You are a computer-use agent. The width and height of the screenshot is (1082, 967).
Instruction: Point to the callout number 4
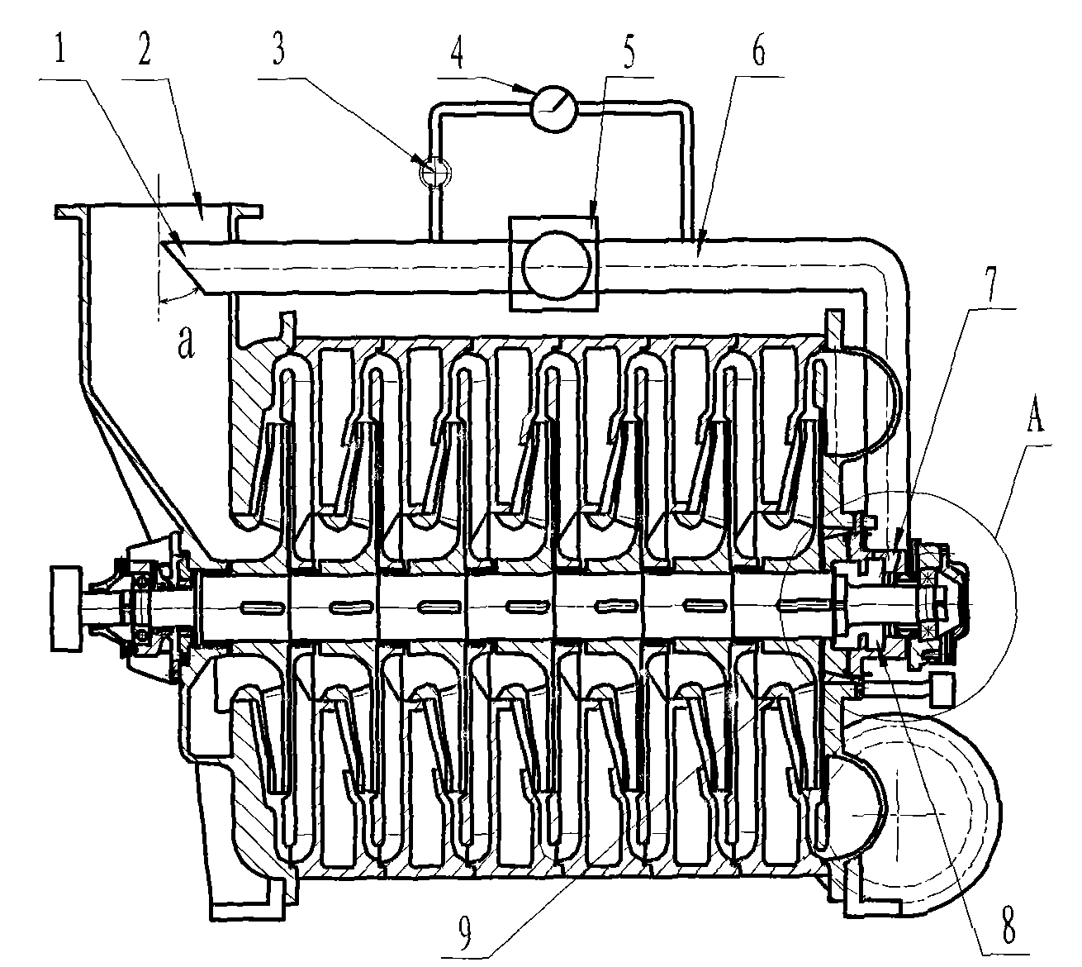pyautogui.click(x=457, y=50)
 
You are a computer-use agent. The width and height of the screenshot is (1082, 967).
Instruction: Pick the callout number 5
pyautogui.click(x=629, y=51)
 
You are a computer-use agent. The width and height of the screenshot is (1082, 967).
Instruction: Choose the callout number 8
pyautogui.click(x=1008, y=924)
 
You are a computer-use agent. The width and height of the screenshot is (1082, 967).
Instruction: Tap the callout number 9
pyautogui.click(x=466, y=929)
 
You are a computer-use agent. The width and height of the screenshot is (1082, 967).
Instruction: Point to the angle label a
pyautogui.click(x=185, y=344)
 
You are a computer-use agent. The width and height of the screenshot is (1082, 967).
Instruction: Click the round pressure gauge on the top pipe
pyautogui.click(x=555, y=108)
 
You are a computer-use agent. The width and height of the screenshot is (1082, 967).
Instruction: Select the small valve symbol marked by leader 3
pyautogui.click(x=434, y=172)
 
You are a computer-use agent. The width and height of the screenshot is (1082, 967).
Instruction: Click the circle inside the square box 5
pyautogui.click(x=557, y=264)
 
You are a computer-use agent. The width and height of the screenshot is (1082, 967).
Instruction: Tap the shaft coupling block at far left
pyautogui.click(x=66, y=609)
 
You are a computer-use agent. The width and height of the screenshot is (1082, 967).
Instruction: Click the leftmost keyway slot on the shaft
pyautogui.click(x=262, y=607)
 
